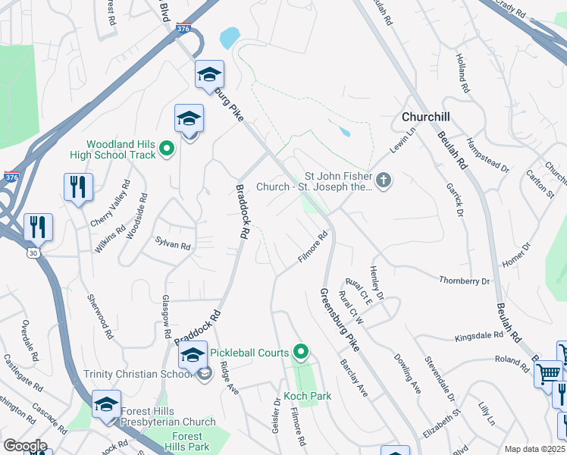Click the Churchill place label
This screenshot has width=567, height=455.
(425, 117)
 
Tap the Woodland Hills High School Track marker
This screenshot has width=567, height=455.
(168, 149)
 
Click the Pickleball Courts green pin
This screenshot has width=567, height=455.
(302, 352)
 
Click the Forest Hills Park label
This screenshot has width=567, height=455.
(186, 441)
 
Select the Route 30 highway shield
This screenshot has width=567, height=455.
(33, 251)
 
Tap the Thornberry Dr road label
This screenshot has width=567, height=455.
(465, 281)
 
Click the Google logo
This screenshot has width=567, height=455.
(25, 446)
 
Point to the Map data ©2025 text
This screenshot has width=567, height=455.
(534, 449)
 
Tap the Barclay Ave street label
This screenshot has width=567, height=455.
(353, 378)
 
